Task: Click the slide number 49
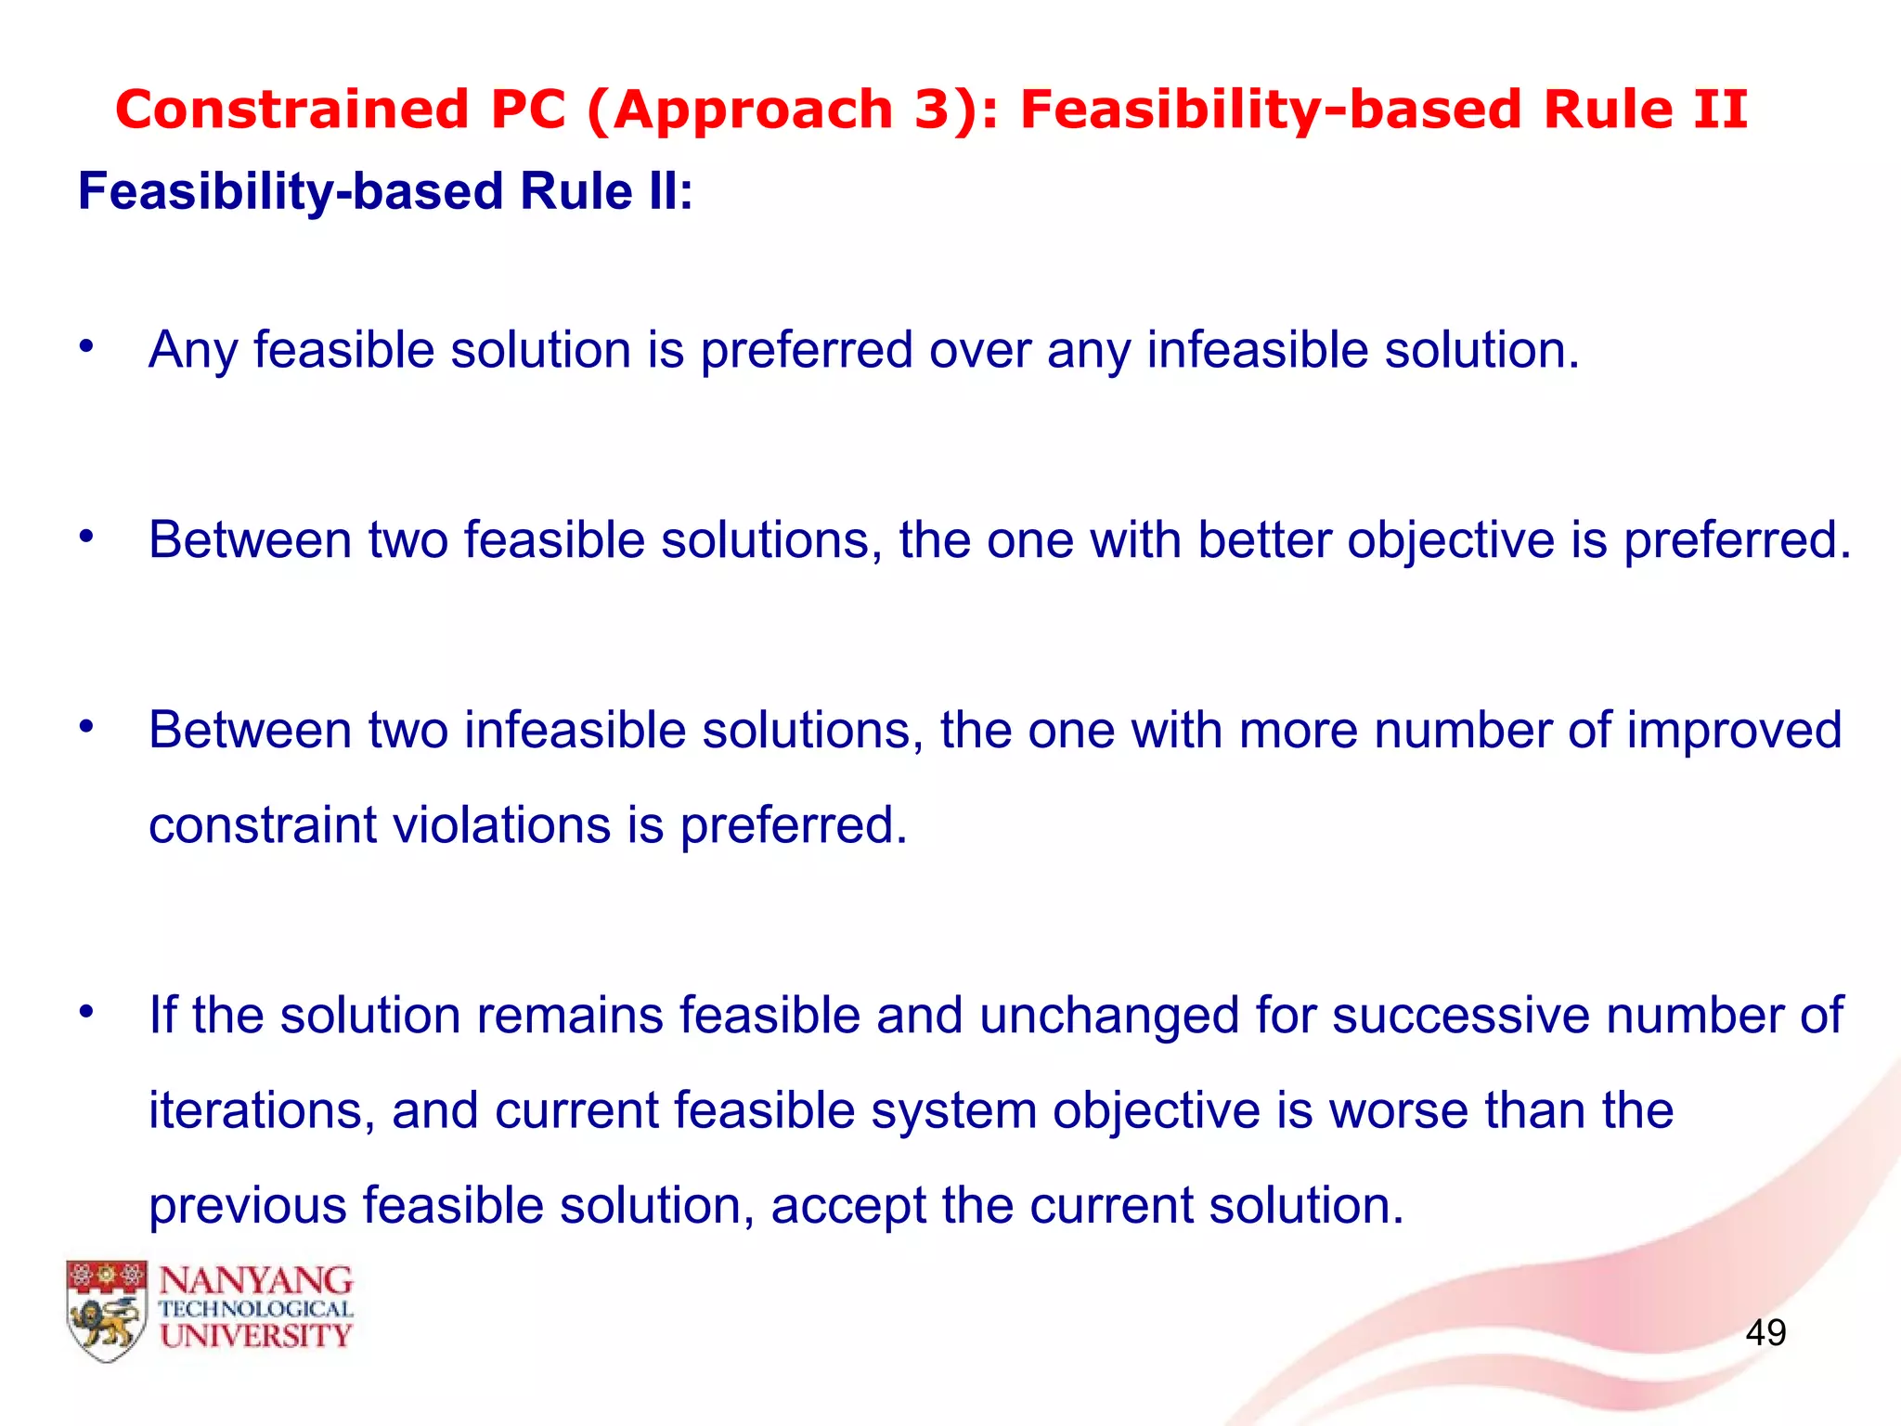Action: pyautogui.click(x=1765, y=1332)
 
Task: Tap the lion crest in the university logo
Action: pyautogui.click(x=107, y=1311)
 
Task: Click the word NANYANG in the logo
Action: pyautogui.click(x=256, y=1281)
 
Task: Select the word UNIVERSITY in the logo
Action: pyautogui.click(x=256, y=1336)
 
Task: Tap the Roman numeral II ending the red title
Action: pyautogui.click(x=1719, y=110)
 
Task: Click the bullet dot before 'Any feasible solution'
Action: pyautogui.click(x=86, y=347)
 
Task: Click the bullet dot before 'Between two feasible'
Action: pyautogui.click(x=86, y=537)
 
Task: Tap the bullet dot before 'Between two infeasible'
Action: pyautogui.click(x=86, y=727)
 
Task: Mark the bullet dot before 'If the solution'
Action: pyautogui.click(x=86, y=1011)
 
